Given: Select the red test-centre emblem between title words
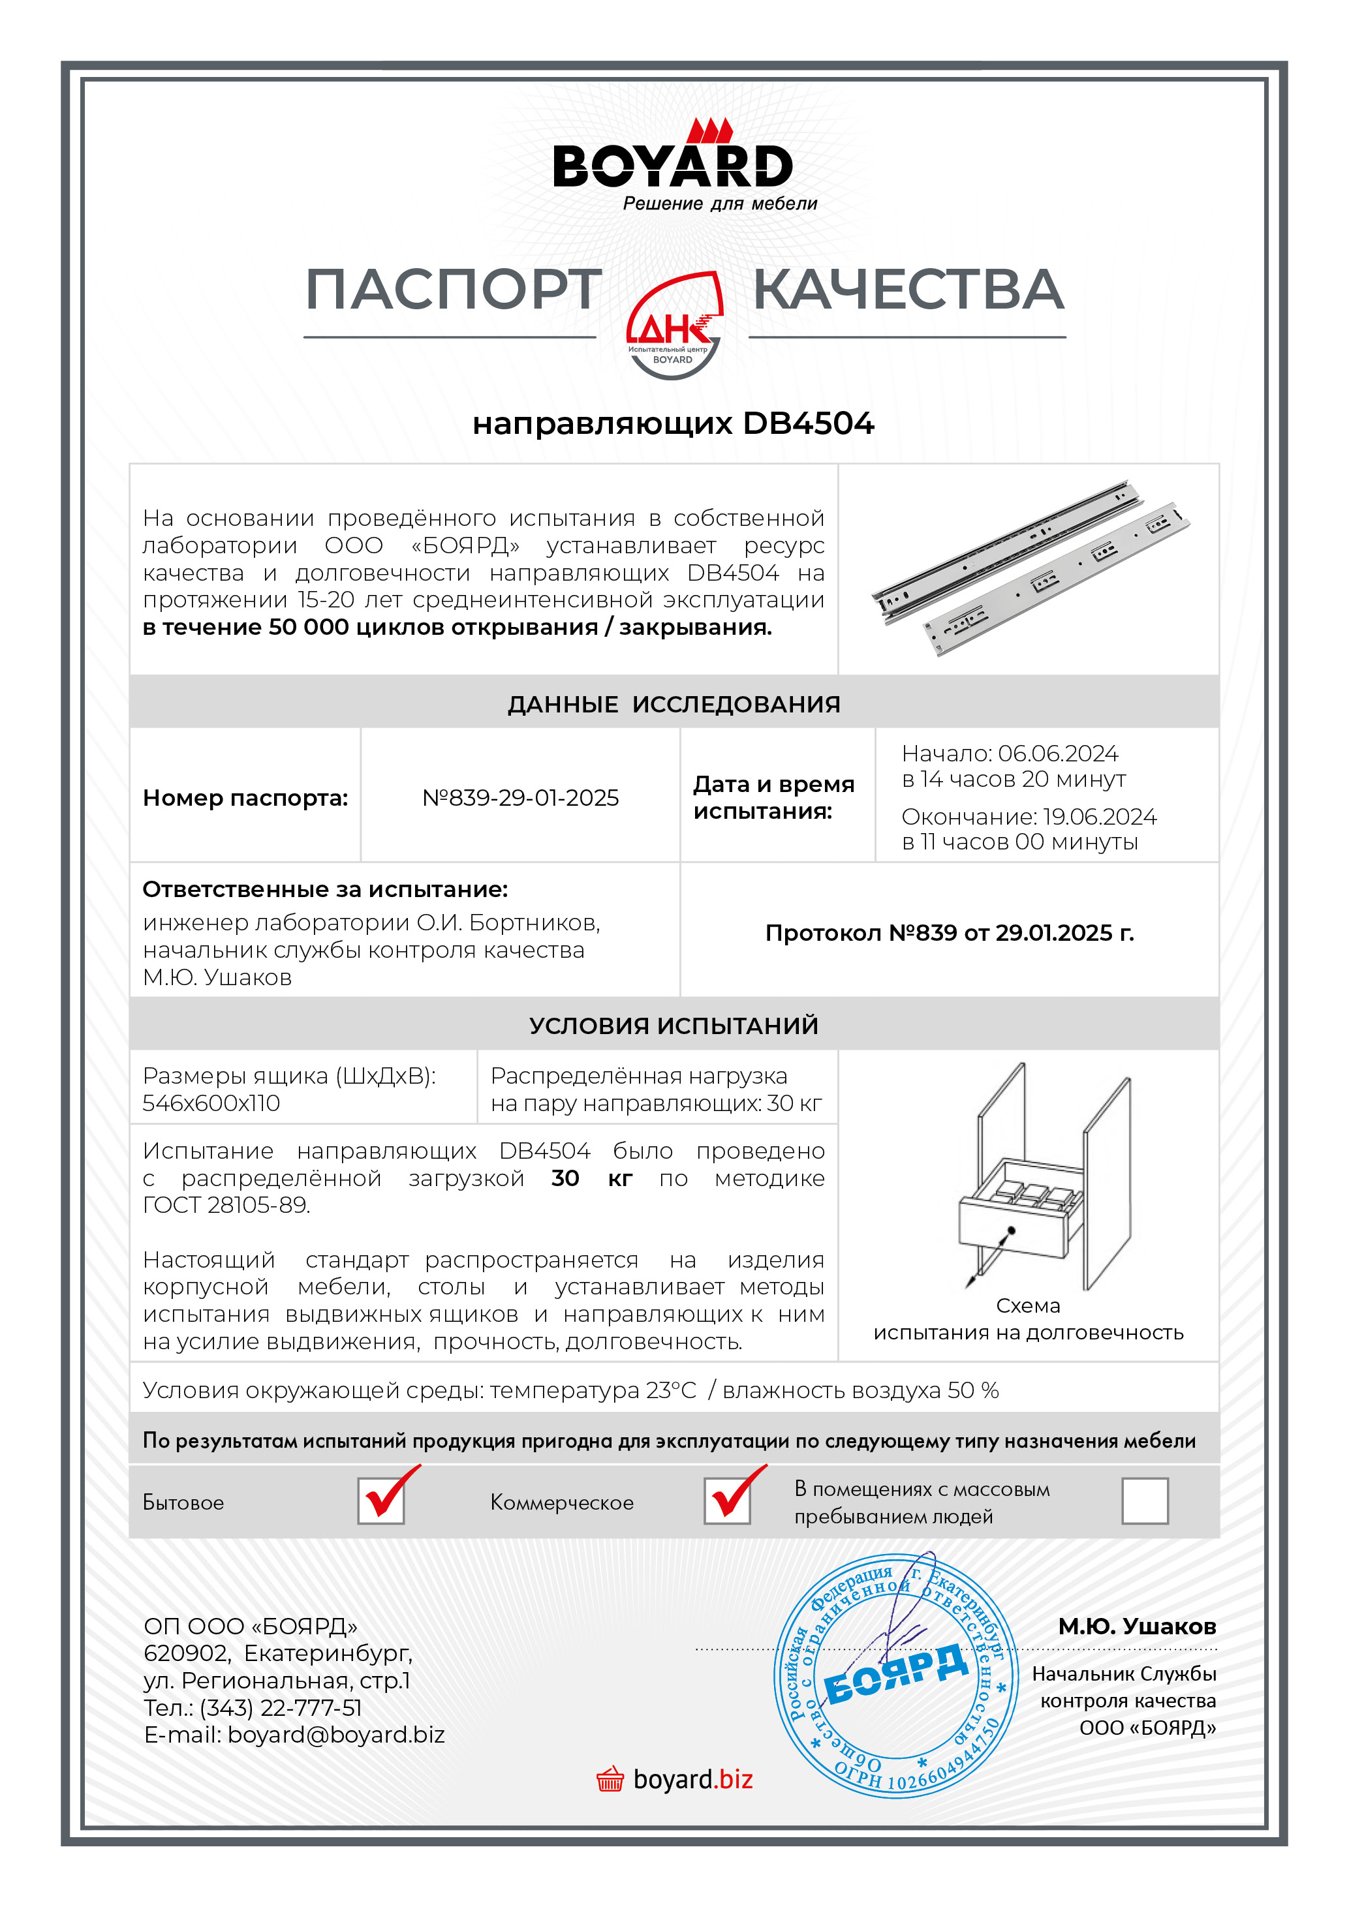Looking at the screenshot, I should (x=674, y=326).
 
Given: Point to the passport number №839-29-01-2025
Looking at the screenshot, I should (x=521, y=798).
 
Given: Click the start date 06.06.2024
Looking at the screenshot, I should (x=1057, y=754).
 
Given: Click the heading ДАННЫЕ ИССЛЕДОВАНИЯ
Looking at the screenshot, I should (x=674, y=705).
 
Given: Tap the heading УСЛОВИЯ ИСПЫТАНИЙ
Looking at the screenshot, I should (x=674, y=1026).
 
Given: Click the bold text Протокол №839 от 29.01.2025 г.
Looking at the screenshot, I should (x=950, y=933).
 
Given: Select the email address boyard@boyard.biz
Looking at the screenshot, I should (x=336, y=1735).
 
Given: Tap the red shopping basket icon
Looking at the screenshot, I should (x=610, y=1780).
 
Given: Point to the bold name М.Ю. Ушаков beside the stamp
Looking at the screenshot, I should (x=1136, y=1627).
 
